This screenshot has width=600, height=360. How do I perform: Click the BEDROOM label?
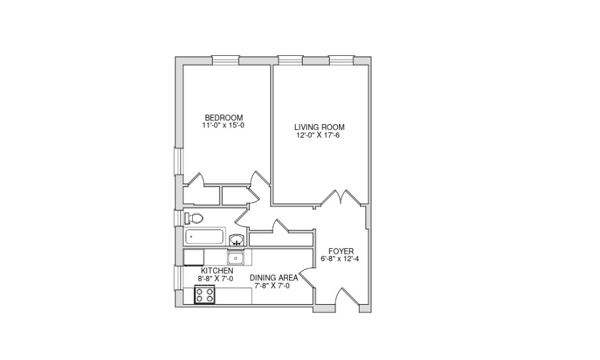224,117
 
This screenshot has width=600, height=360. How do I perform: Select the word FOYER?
340,251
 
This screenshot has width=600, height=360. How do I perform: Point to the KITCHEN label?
216,271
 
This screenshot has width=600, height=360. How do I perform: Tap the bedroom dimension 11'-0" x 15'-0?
224,125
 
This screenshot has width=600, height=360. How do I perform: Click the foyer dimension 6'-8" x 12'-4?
341,259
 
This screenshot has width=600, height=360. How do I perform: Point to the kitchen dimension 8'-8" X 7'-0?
216,279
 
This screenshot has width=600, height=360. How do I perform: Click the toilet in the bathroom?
195,218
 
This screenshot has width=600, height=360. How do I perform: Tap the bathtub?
205,237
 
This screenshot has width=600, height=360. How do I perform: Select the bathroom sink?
236,241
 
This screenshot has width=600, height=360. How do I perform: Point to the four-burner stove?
206,295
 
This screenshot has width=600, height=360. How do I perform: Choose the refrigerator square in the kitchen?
193,257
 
